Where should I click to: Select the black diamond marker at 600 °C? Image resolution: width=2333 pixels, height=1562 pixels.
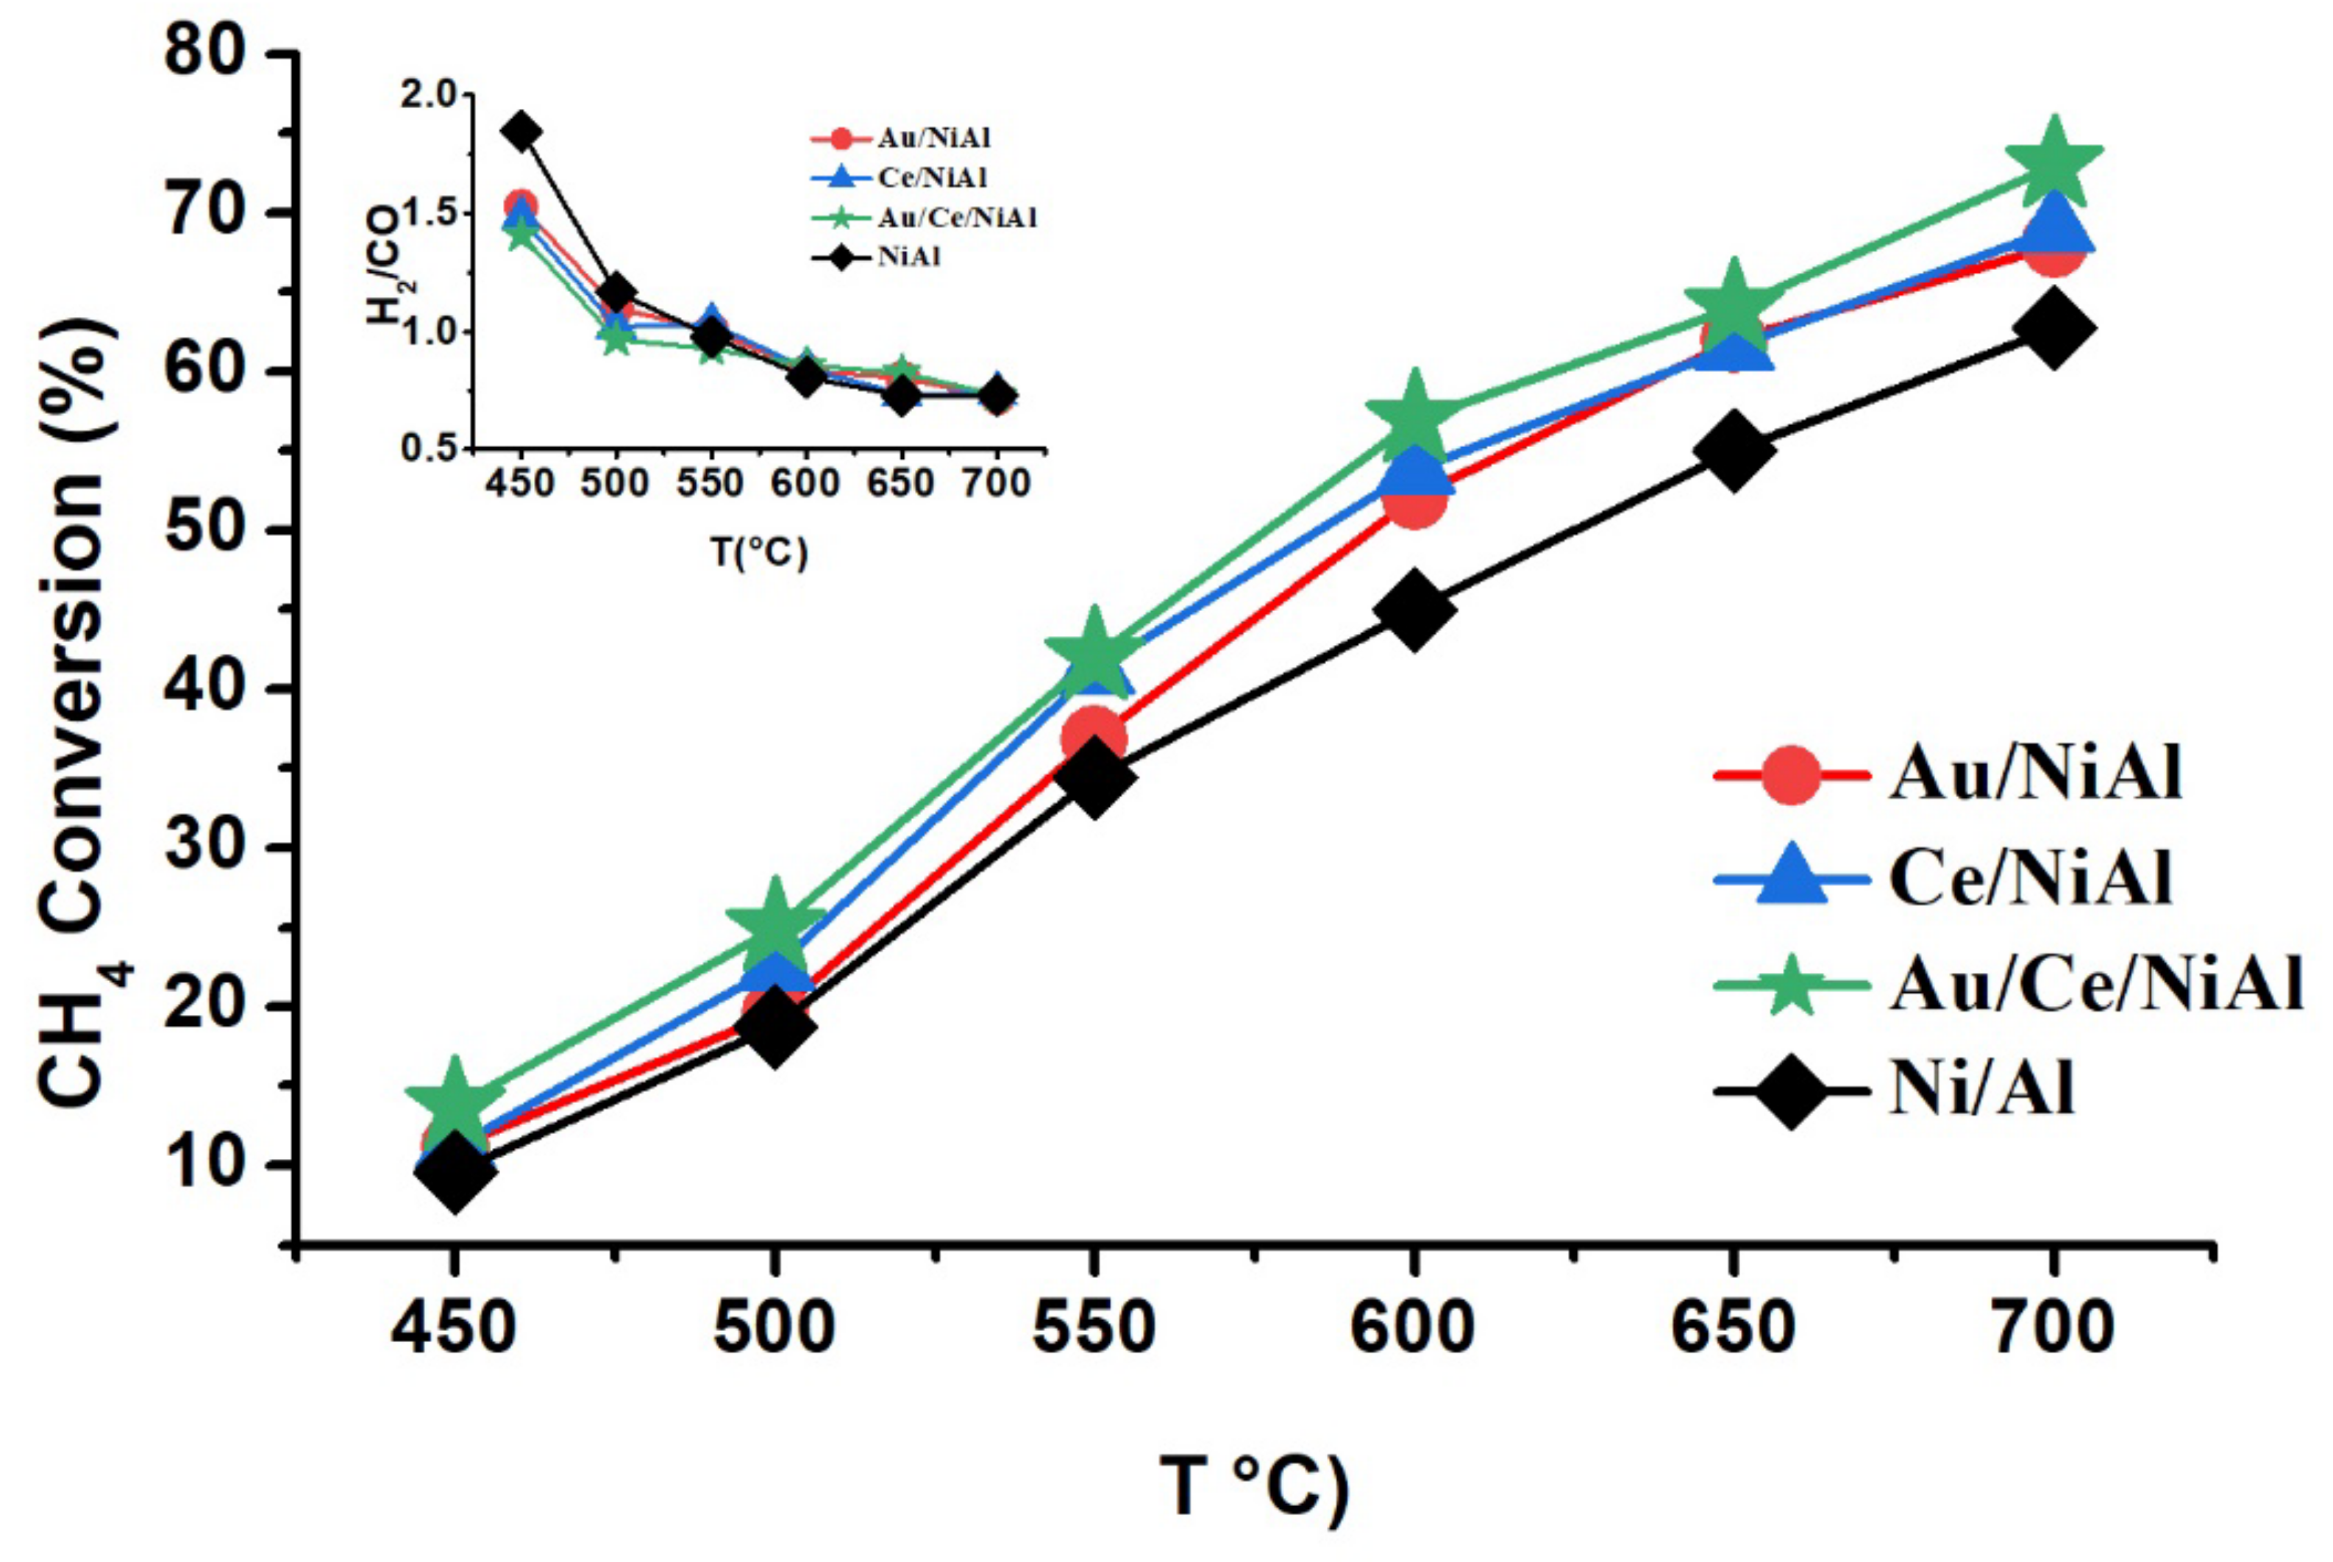[1414, 610]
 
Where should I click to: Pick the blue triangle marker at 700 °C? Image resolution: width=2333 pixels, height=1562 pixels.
[2053, 224]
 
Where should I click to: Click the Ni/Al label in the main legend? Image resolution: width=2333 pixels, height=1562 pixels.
[1982, 1091]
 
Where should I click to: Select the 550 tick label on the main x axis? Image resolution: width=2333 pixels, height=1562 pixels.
[1094, 1328]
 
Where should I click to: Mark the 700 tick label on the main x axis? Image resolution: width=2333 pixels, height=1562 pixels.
[2052, 1328]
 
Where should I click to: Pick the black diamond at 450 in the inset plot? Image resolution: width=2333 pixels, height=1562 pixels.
[520, 132]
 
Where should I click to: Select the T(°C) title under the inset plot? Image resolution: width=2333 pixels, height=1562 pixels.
[759, 551]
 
